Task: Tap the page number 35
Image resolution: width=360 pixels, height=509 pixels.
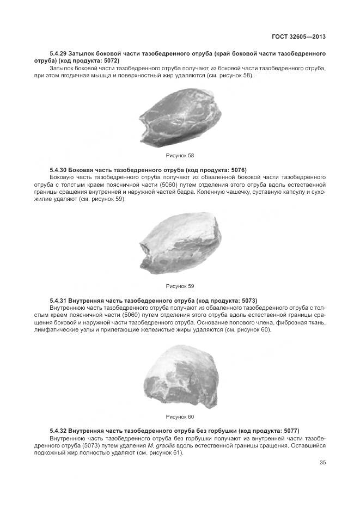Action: click(322, 463)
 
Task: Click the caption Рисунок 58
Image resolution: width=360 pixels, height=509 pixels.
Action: click(180, 156)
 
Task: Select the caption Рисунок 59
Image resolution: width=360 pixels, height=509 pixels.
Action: click(180, 286)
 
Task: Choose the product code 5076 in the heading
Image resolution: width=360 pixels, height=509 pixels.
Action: click(239, 170)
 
